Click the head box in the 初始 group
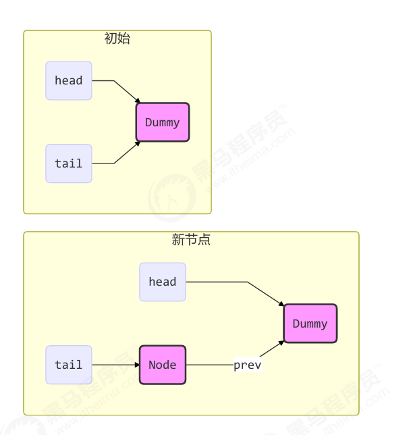pos(69,81)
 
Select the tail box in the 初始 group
pos(69,163)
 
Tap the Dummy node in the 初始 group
pos(163,122)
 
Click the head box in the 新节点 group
pos(163,282)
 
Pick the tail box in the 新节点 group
pos(69,365)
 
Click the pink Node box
pos(163,365)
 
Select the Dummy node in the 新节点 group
pos(310,324)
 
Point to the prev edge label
pos(247,365)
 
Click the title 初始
pos(117,39)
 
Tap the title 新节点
pos(191,240)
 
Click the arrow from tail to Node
pos(115,365)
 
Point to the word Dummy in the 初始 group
pos(163,122)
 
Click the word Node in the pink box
pos(163,365)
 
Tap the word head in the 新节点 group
pos(163,282)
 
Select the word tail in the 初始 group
pos(69,163)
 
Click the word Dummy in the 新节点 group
pos(310,324)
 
